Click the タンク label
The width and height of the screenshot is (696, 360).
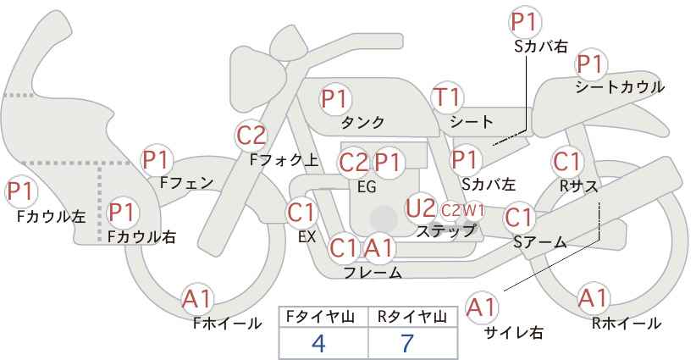point(363,122)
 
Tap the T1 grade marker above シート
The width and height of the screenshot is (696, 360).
point(446,98)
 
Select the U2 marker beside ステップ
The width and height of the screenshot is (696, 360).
point(421,208)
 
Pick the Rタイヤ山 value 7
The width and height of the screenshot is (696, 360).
point(408,343)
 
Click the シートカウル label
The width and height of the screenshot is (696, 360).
point(619,86)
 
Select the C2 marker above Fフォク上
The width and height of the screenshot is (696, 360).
point(251,135)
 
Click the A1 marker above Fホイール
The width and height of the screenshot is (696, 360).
point(199,298)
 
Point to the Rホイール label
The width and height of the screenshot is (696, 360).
point(627,323)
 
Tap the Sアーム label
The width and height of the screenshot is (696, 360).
point(539,241)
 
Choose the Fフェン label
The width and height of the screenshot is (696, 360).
point(185,181)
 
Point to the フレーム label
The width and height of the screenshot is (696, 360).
point(373,273)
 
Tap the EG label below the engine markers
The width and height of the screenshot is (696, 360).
point(367,186)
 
